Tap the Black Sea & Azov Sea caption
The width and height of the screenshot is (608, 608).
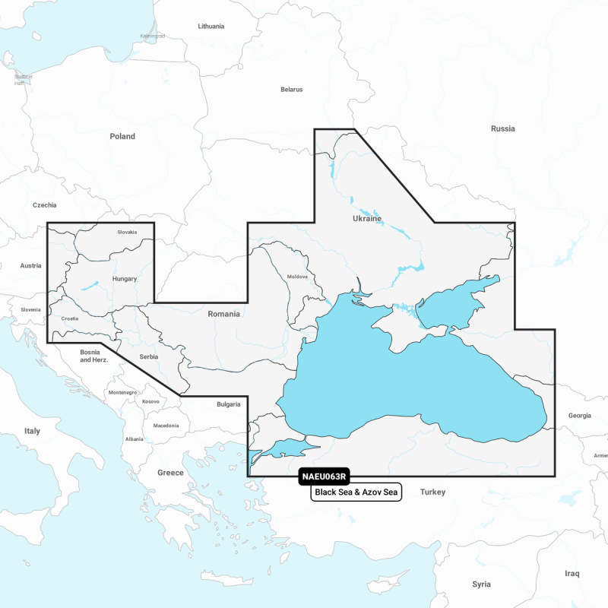[356, 493]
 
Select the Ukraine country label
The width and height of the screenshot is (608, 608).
[367, 218]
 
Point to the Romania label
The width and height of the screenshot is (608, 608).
[223, 313]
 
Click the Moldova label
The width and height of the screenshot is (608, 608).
[297, 277]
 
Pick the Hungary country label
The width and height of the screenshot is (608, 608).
[124, 279]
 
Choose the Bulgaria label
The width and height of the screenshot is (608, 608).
[229, 404]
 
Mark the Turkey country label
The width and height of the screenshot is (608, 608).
[433, 492]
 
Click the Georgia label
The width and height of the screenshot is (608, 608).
[579, 416]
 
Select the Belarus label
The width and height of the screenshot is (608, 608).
[291, 90]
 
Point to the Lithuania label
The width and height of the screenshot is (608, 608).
[211, 26]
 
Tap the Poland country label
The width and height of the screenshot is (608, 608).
[122, 137]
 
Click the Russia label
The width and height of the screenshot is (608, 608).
[502, 128]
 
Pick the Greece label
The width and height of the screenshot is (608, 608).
[170, 473]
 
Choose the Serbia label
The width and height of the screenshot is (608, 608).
[150, 356]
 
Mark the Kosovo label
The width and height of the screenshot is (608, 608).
[151, 401]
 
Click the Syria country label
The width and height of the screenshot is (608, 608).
[481, 584]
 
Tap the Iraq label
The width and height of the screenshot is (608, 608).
[572, 573]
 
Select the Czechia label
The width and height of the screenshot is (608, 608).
[45, 205]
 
